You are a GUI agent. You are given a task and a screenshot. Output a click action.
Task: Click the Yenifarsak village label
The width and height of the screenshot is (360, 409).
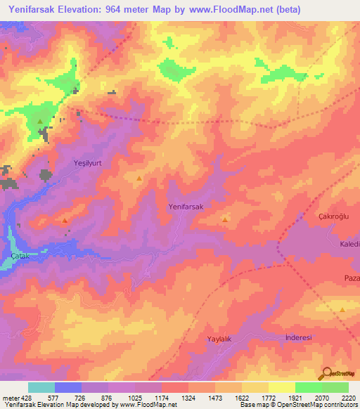pos(186,207)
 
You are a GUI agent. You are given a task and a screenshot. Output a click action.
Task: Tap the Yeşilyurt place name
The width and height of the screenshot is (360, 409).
pos(89,162)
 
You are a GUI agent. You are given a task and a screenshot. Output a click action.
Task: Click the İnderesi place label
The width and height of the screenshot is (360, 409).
pos(298,337)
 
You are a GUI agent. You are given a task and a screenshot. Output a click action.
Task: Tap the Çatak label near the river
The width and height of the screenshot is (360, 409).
pos(20,257)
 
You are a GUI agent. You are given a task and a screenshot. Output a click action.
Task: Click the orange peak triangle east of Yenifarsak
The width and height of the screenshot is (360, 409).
pos(225,220)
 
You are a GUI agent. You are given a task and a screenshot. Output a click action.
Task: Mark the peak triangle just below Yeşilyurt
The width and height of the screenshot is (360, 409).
pos(139,178)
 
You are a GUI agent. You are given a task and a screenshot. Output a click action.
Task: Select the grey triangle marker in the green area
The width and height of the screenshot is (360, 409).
pos(40,122)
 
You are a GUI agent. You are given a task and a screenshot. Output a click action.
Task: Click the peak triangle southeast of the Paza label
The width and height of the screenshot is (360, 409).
pos(342,309)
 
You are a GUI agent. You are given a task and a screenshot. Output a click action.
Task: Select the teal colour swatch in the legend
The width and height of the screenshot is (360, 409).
pos(41,387)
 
